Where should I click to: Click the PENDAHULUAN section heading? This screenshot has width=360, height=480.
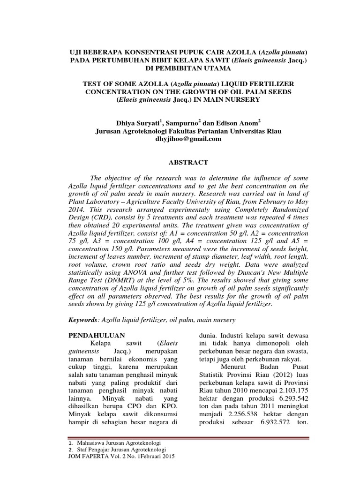tap(97, 336)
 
